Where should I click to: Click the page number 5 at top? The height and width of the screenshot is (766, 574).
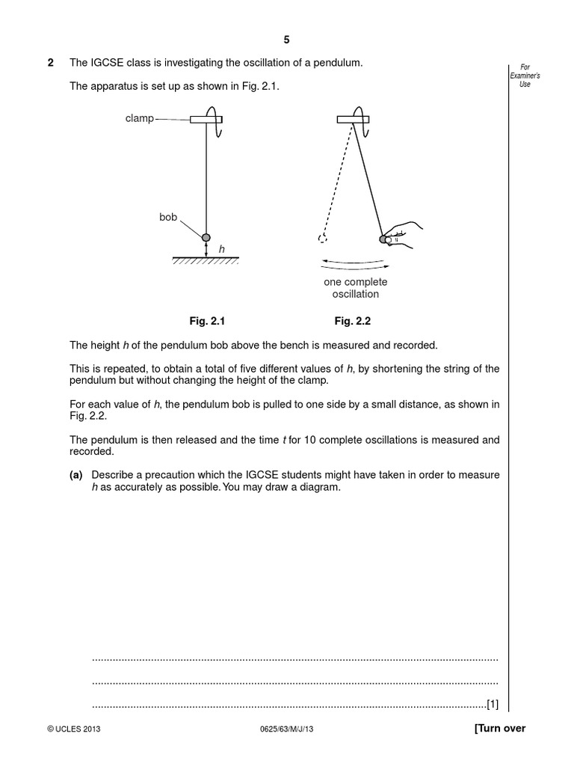[x=286, y=40]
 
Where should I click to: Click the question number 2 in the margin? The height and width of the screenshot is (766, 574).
[x=51, y=63]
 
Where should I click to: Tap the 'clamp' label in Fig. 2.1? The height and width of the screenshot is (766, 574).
[x=140, y=119]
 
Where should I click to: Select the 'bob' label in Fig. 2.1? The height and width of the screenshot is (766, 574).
[x=168, y=217]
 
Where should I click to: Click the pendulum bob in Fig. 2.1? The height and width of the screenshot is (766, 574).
[x=207, y=237]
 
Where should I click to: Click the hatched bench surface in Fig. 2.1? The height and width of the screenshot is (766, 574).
[x=206, y=260]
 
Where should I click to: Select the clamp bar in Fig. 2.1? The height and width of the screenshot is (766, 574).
[x=205, y=119]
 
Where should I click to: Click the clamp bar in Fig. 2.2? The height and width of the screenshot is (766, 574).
[x=352, y=119]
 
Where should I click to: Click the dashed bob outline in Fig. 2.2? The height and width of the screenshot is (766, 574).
[x=322, y=239]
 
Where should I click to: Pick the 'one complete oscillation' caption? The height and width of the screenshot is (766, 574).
[x=355, y=288]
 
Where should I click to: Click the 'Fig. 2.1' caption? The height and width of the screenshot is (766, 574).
[x=206, y=321]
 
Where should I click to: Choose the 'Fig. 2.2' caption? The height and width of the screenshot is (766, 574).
[x=353, y=321]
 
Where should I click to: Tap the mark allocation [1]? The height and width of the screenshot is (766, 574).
[x=492, y=704]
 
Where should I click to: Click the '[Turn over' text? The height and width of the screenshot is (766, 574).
[x=500, y=729]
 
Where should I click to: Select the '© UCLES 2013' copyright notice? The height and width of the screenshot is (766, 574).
[x=73, y=729]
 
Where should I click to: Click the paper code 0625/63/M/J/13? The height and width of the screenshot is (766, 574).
[x=287, y=729]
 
